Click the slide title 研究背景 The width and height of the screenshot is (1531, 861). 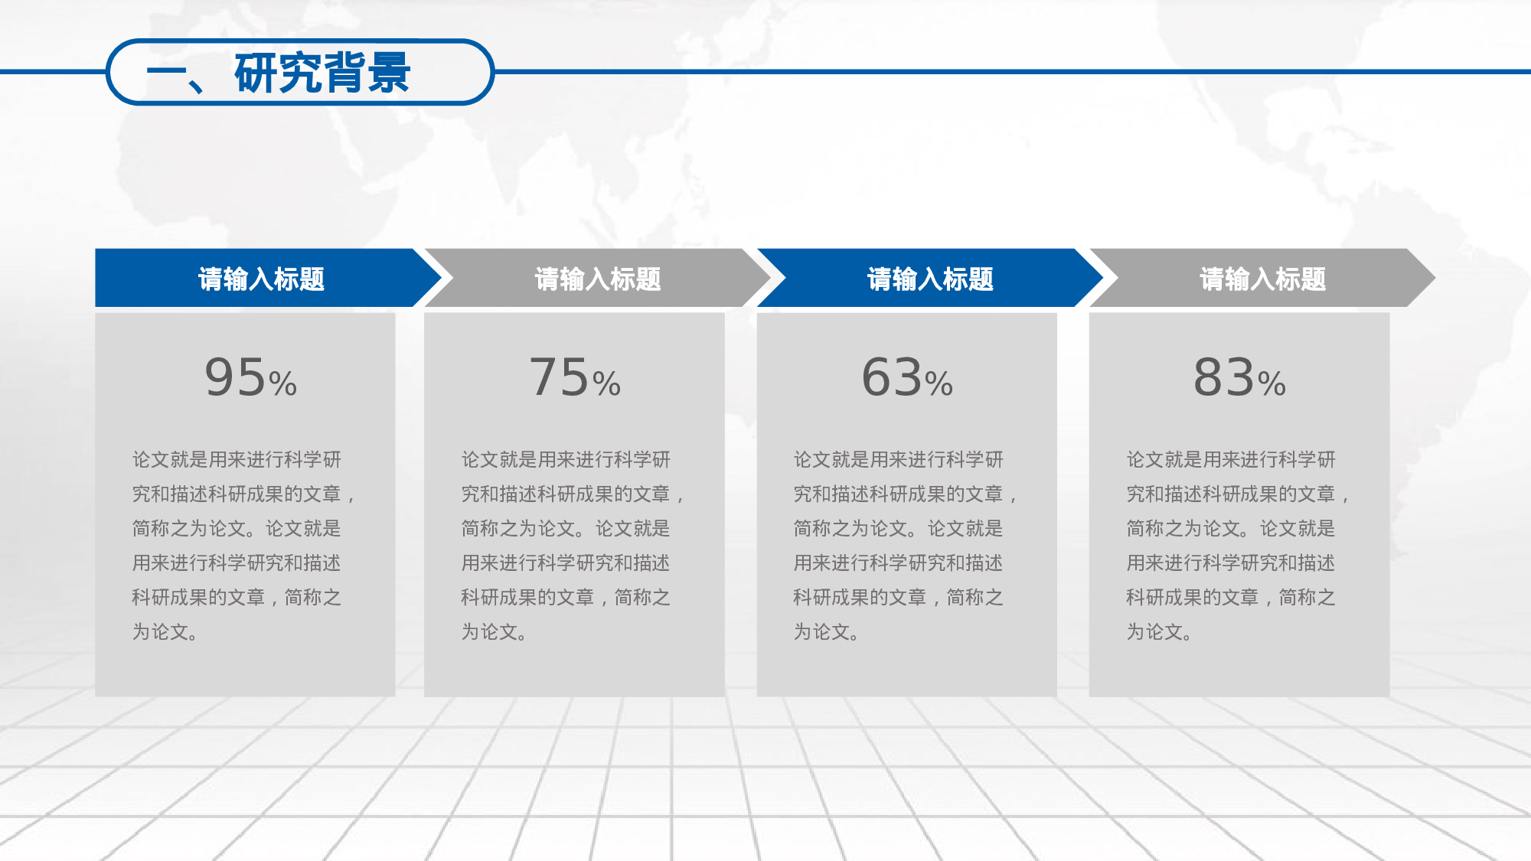tap(322, 73)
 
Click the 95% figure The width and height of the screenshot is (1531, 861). tap(250, 378)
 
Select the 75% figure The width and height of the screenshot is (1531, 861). tap(575, 378)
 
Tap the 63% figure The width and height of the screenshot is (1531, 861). tap(907, 378)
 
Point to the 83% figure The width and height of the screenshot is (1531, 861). tap(1239, 378)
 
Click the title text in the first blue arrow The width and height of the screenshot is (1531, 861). tap(261, 279)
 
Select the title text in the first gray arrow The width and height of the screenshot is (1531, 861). tap(597, 279)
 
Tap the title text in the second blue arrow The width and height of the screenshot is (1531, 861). tap(930, 279)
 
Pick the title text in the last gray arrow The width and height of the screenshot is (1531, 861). tap(1262, 279)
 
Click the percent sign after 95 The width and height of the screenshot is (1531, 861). tap(282, 383)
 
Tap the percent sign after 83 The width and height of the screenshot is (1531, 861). tap(1271, 383)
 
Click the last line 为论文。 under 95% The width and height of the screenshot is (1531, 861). tap(165, 632)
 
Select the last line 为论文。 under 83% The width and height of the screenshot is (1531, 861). tap(1159, 632)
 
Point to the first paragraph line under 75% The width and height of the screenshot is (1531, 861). tap(566, 460)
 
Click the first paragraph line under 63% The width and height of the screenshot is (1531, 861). tap(898, 460)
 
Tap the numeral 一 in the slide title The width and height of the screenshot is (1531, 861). tap(166, 76)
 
